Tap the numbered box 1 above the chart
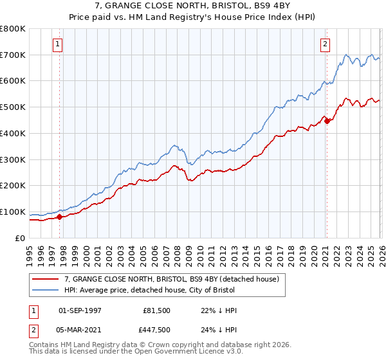point(58,44)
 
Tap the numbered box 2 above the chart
point(326,44)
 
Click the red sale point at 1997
point(60,217)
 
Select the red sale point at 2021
point(327,120)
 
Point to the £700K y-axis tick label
point(13,55)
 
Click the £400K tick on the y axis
point(13,133)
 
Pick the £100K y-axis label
point(13,212)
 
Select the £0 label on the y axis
point(20,238)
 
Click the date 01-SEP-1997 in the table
point(80,310)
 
